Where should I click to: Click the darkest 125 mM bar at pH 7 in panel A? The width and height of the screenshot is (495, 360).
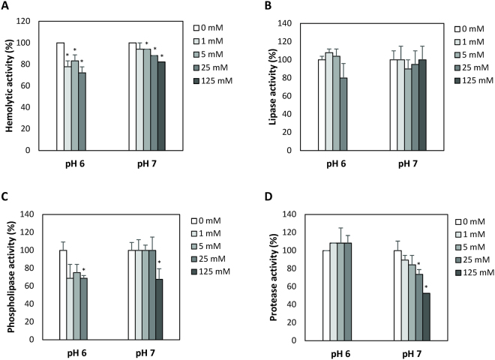[162, 106]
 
